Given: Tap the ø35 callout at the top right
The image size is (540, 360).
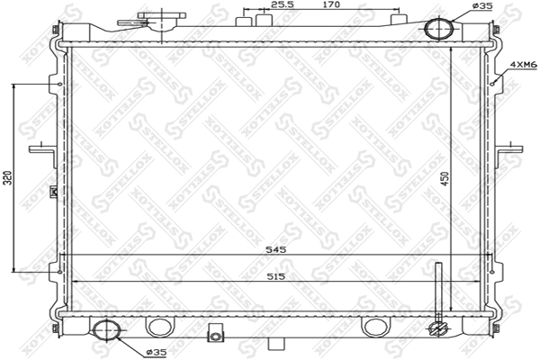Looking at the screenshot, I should (x=482, y=6).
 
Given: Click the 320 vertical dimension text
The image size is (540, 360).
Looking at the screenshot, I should (x=7, y=176).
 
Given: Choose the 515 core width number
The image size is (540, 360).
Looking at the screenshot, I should (x=276, y=275).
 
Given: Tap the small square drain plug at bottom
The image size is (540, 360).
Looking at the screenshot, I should (x=215, y=335).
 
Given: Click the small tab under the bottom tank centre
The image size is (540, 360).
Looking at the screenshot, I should (x=281, y=346).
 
